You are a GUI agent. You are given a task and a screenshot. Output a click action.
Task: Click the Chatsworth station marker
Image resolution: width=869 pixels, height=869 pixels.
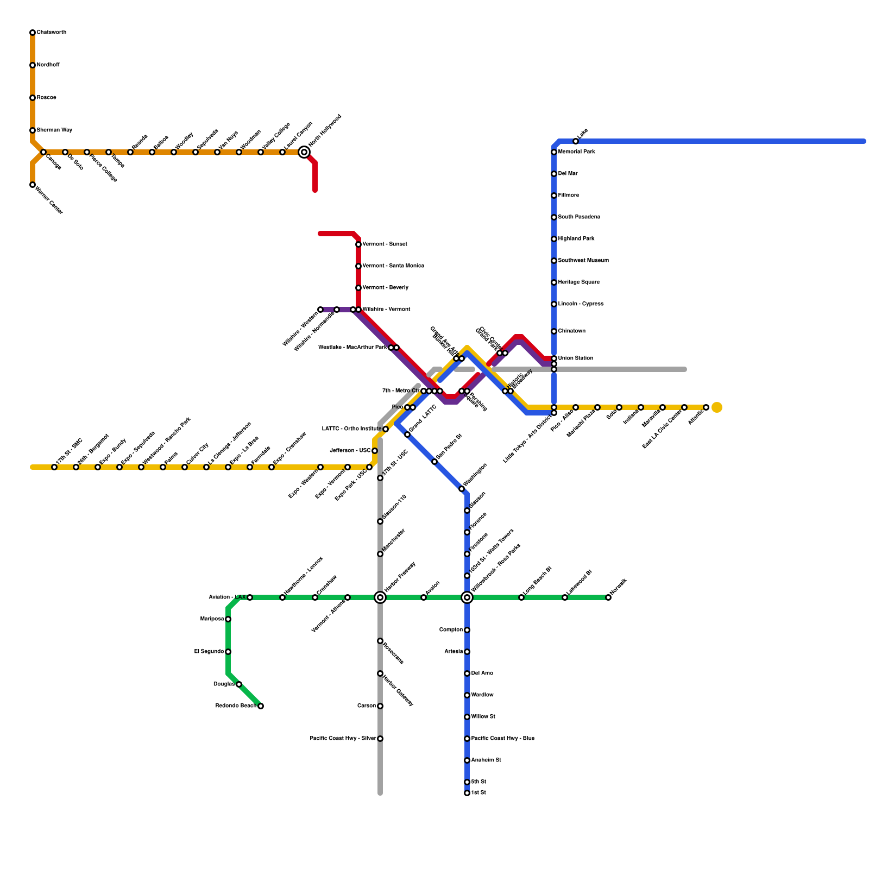[33, 33]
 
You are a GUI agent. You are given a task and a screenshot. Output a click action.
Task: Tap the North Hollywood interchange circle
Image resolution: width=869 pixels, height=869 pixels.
[304, 153]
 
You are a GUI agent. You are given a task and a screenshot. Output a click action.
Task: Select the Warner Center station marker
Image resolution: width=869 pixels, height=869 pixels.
[33, 185]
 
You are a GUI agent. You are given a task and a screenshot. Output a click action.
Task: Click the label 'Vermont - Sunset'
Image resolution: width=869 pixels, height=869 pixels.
[385, 244]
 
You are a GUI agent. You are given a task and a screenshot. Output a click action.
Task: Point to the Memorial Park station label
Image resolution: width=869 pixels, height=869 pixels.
[576, 152]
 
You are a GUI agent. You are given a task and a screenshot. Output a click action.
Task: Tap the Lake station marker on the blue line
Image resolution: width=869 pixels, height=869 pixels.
[576, 141]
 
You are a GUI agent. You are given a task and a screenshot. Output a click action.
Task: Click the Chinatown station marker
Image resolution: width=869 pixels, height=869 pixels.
[554, 331]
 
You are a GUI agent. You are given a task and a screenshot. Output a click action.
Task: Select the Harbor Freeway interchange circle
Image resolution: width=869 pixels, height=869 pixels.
[380, 597]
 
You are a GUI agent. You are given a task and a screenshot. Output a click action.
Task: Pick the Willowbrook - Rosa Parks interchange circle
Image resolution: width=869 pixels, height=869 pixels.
[467, 597]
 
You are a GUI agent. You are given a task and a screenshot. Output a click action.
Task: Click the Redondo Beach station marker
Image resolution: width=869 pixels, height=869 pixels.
[261, 706]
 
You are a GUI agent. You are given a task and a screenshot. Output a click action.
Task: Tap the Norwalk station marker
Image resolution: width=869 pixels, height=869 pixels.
[608, 597]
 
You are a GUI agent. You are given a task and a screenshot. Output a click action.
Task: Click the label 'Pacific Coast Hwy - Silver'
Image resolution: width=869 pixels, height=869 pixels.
[343, 739]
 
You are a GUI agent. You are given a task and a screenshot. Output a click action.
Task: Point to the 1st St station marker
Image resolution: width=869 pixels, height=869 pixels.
[467, 793]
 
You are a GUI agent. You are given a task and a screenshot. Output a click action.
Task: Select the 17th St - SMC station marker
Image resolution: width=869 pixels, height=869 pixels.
[54, 467]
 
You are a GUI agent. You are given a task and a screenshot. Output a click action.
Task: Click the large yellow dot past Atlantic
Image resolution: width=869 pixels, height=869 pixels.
[717, 407]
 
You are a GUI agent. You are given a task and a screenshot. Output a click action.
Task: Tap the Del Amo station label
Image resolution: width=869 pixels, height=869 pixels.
[482, 673]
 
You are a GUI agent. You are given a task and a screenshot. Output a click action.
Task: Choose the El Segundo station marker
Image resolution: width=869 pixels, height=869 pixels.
[228, 652]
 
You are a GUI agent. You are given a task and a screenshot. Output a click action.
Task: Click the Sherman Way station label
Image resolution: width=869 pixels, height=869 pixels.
[54, 130]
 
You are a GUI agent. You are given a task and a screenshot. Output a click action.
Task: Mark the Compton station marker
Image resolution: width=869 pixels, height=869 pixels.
[467, 630]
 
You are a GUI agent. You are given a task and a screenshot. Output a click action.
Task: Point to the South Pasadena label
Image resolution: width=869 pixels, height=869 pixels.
[579, 217]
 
